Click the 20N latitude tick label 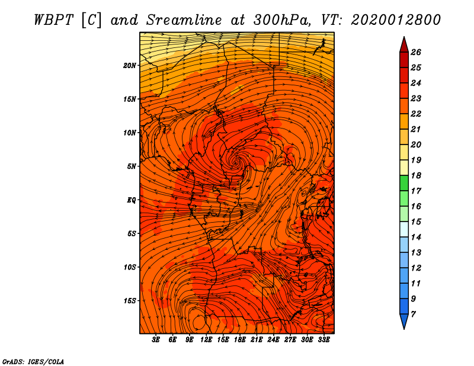coord(130,65)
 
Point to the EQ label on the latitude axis coord(131,200)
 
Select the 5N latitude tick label coord(132,166)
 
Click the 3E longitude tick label coord(155,339)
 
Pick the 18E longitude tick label coord(239,339)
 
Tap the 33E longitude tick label coord(324,339)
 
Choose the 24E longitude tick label coord(273,339)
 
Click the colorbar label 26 coord(416,52)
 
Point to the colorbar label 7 coord(413,314)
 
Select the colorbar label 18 coord(416,175)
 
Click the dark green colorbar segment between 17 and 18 coord(404,183)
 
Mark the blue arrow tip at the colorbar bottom coord(404,321)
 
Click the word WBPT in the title coord(53,20)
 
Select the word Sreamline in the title coord(184,20)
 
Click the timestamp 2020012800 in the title coord(396,20)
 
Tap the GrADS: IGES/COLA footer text coord(33,362)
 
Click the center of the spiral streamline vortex coord(235,162)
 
